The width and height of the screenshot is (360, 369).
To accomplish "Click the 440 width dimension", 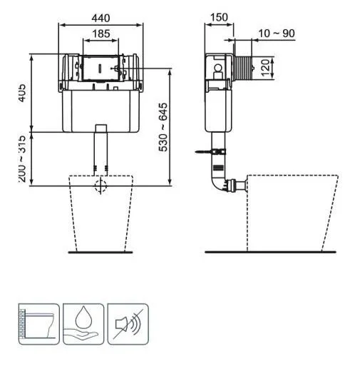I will (101, 17).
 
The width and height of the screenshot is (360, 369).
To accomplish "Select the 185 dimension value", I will (101, 33).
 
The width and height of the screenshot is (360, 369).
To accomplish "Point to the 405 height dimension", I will (23, 92).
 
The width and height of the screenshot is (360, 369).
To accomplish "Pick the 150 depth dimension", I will (220, 17).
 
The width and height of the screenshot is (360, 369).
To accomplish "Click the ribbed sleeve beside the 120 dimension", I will (245, 68).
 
